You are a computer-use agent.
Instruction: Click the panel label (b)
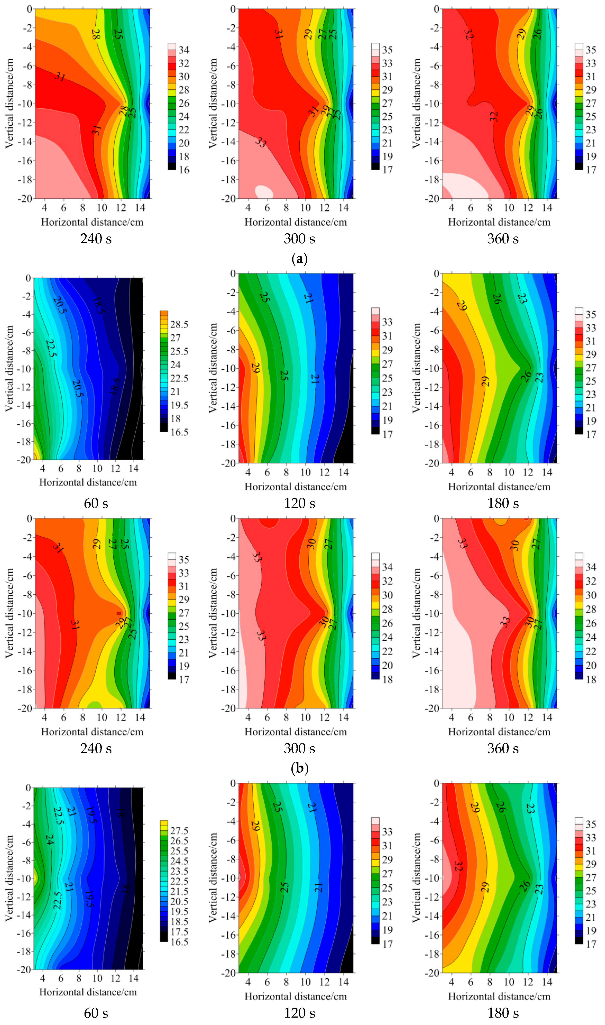click(x=300, y=768)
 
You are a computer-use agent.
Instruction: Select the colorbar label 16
click(x=184, y=170)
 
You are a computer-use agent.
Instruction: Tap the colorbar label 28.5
click(x=179, y=324)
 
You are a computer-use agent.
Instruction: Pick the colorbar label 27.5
click(x=179, y=831)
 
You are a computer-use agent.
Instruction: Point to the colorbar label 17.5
click(x=179, y=932)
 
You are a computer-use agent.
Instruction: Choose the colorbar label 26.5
click(x=179, y=841)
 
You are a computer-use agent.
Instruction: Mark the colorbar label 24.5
click(x=179, y=861)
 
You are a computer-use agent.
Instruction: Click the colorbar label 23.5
click(x=179, y=871)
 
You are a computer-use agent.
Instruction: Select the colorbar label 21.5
click(x=179, y=892)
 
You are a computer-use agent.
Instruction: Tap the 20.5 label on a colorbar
click(x=179, y=901)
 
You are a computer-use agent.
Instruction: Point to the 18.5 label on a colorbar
click(x=179, y=922)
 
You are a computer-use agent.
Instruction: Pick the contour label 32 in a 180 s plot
click(x=458, y=866)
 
